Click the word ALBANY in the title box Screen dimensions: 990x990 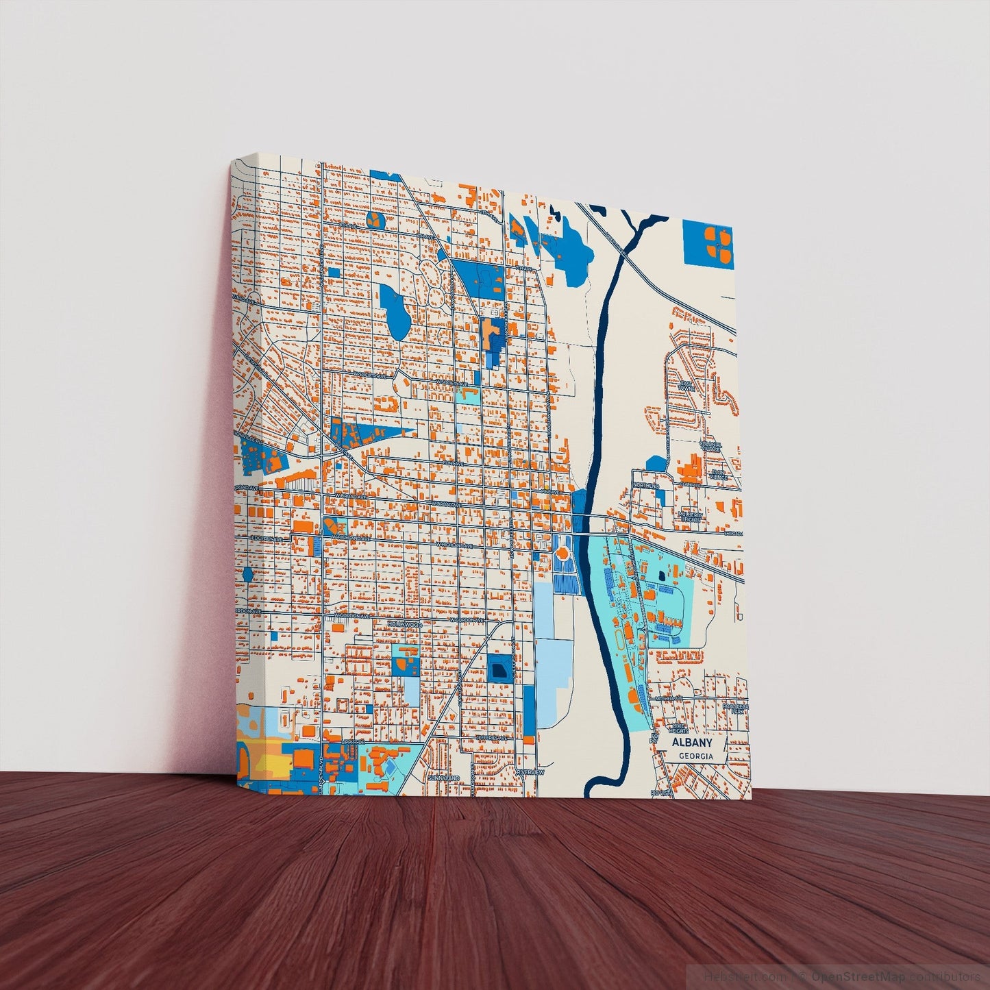click(691, 743)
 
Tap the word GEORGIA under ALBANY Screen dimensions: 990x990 click(692, 756)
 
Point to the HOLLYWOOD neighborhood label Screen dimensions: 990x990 click(405, 625)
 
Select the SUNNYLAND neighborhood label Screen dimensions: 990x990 click(443, 779)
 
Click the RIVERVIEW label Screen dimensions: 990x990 click(530, 772)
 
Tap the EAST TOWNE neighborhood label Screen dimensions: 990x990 click(686, 386)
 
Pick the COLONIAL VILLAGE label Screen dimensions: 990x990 click(710, 445)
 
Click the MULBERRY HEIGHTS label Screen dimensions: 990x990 click(690, 516)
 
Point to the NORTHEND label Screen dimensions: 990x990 click(646, 486)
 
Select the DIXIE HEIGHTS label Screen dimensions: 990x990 click(678, 726)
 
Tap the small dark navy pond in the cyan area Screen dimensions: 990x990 click(661, 576)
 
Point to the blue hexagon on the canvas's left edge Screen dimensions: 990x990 click(247, 573)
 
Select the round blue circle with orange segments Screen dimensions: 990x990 click(375, 220)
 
